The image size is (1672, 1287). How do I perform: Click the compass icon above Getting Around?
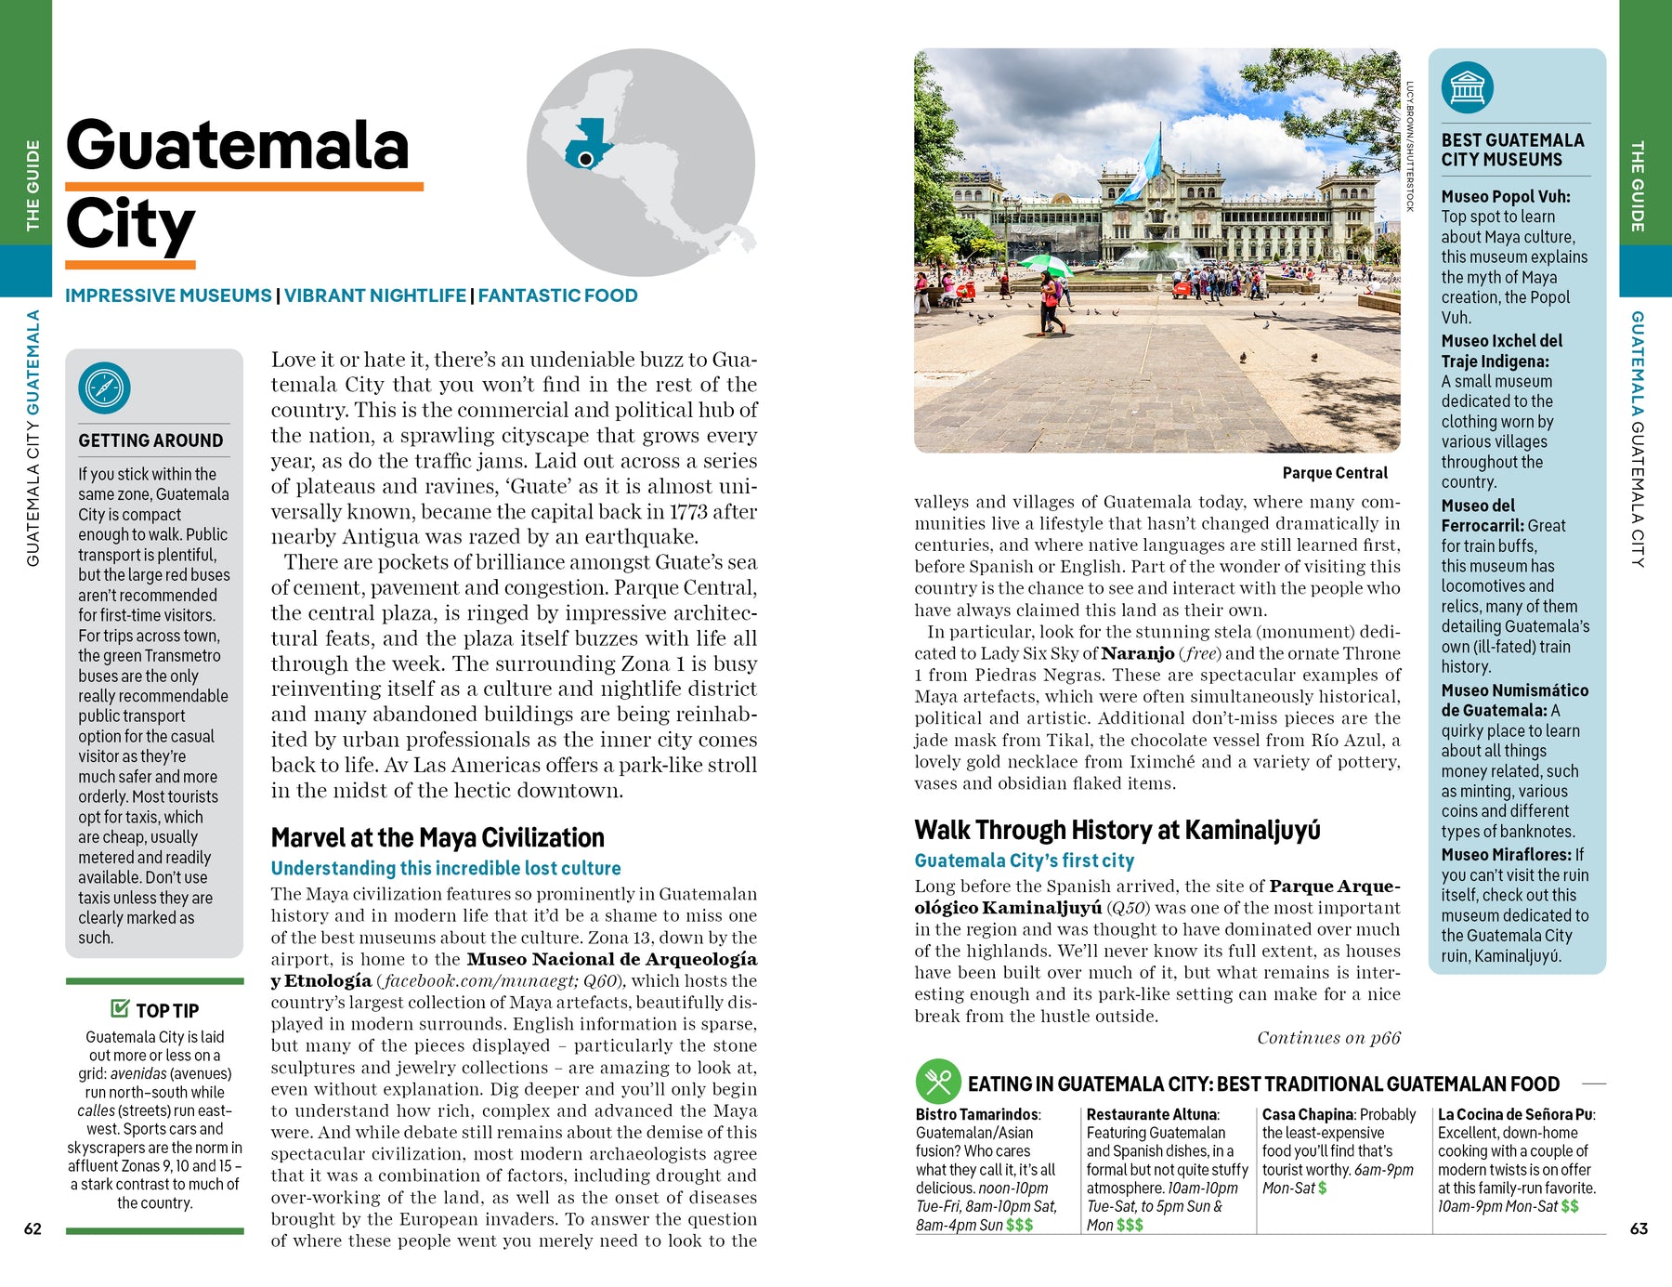pyautogui.click(x=105, y=387)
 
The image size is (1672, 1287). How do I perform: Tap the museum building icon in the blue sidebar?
pyautogui.click(x=1467, y=88)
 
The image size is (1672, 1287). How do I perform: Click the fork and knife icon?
pyautogui.click(x=938, y=1082)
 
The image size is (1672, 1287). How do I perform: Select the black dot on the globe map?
pyautogui.click(x=586, y=160)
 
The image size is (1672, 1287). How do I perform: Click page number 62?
pyautogui.click(x=33, y=1228)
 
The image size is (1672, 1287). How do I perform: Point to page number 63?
pyautogui.click(x=1639, y=1228)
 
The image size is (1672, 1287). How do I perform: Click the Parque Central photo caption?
pyautogui.click(x=1334, y=473)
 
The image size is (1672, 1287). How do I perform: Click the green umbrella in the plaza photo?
pyautogui.click(x=1045, y=264)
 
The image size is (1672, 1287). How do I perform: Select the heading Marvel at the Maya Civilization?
pyautogui.click(x=438, y=838)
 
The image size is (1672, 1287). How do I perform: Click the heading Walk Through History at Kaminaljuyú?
pyautogui.click(x=1117, y=830)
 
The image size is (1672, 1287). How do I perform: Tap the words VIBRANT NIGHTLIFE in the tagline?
pyautogui.click(x=375, y=295)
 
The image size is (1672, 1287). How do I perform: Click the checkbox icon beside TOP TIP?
pyautogui.click(x=120, y=1008)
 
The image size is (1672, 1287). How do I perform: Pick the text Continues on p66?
pyautogui.click(x=1328, y=1038)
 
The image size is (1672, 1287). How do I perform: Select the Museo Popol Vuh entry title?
pyautogui.click(x=1505, y=196)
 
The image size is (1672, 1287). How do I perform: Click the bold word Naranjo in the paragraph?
pyautogui.click(x=1137, y=653)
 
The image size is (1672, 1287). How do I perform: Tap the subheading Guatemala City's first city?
pyautogui.click(x=1024, y=861)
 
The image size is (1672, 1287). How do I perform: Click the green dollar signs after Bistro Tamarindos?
pyautogui.click(x=1019, y=1225)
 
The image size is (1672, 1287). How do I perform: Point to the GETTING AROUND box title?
pyautogui.click(x=150, y=440)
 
